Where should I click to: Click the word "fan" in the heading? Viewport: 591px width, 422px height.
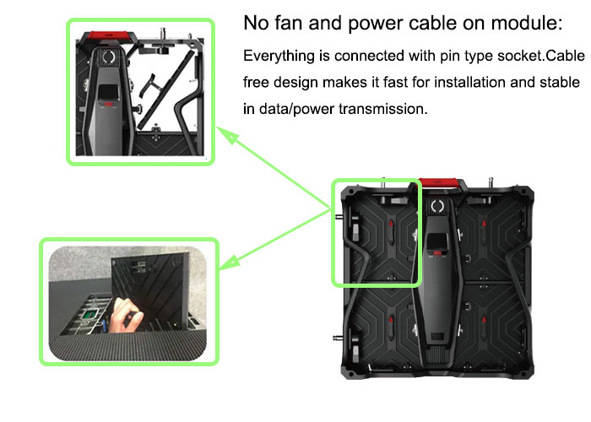click(289, 23)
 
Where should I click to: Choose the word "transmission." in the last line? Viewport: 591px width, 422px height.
click(383, 109)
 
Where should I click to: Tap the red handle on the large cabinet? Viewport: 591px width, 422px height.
click(439, 183)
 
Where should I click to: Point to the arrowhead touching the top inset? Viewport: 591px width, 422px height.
click(229, 136)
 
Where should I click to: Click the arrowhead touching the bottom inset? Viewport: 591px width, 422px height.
click(229, 262)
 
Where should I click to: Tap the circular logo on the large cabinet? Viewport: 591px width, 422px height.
click(437, 206)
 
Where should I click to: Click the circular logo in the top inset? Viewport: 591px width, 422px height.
click(109, 57)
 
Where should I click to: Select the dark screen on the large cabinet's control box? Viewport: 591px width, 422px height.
click(437, 241)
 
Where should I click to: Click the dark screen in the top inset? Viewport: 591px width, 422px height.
click(109, 93)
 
